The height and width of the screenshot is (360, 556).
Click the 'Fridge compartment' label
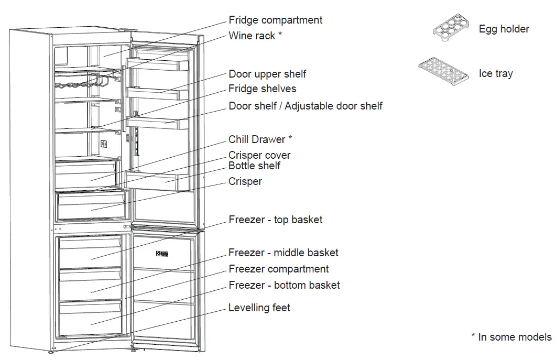(x=275, y=20)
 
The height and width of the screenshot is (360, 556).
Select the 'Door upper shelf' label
(x=267, y=74)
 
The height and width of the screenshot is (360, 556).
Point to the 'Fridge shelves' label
(x=262, y=89)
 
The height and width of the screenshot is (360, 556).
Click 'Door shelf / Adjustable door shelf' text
(x=305, y=106)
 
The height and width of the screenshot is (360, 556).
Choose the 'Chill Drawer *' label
(x=260, y=139)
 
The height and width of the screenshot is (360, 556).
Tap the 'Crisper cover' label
(x=259, y=155)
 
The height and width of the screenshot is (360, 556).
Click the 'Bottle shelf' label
(x=254, y=166)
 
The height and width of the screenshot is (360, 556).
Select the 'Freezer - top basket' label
(x=275, y=220)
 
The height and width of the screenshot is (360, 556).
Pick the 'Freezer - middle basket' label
(x=283, y=253)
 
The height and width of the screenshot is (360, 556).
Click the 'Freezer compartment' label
(x=278, y=269)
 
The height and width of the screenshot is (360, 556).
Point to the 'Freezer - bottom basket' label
(x=284, y=285)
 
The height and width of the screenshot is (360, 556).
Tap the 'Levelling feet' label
(x=259, y=308)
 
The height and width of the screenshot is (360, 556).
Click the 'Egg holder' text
(x=504, y=29)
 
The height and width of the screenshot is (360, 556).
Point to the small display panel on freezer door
(x=161, y=254)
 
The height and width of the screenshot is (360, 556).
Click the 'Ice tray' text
(x=495, y=73)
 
